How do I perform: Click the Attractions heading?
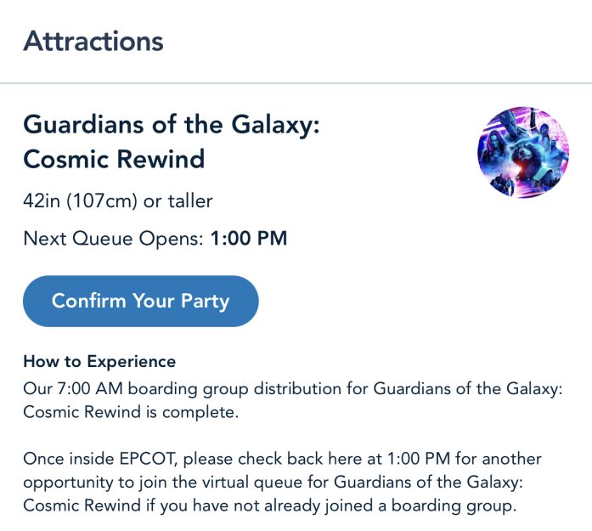[x=93, y=41]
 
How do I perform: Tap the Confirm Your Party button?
[x=141, y=301]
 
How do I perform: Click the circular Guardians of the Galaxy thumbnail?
[x=523, y=152]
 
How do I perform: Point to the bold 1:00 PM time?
[x=249, y=238]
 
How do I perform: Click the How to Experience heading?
[x=99, y=361]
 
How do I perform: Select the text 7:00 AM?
[x=90, y=388]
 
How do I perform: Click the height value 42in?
[x=42, y=201]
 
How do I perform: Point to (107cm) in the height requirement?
[x=102, y=201]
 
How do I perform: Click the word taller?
[x=190, y=201]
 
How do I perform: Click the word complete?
[x=200, y=412]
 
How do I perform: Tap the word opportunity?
[x=68, y=483]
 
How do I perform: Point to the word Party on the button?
[x=205, y=302]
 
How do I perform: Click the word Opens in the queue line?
[x=171, y=239]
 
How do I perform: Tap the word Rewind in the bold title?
[x=161, y=159]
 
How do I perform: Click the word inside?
[x=92, y=459]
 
